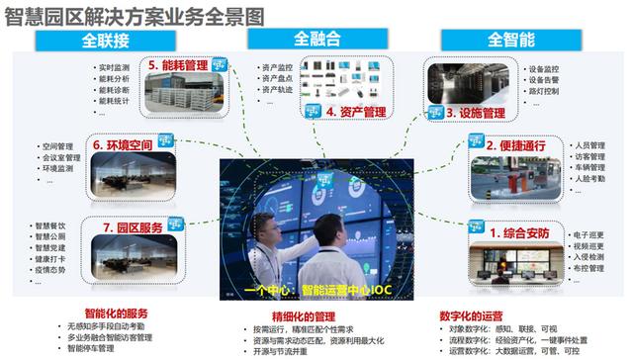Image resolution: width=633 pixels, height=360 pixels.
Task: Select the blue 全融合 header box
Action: [x=318, y=39]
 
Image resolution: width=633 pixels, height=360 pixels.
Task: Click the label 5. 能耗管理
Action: [x=187, y=66]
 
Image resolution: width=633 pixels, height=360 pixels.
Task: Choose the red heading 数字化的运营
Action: [x=482, y=316]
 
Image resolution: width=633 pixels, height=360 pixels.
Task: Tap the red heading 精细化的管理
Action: [x=296, y=316]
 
